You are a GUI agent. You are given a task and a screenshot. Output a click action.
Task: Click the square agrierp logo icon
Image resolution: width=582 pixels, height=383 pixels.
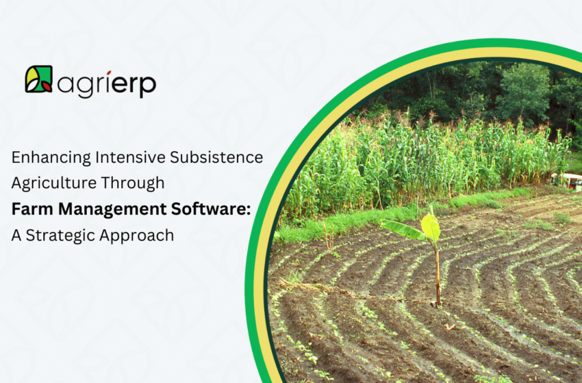coord(38,79)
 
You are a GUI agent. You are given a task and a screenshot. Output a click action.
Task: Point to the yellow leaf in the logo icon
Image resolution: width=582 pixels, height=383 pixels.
coord(33,76)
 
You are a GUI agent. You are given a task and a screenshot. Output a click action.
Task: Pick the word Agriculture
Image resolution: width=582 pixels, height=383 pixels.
coord(48,183)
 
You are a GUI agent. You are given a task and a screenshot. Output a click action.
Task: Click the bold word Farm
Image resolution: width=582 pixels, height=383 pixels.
coord(30,209)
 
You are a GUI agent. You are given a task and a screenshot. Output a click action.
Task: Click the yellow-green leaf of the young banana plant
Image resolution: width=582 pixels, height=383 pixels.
coord(430,227)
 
